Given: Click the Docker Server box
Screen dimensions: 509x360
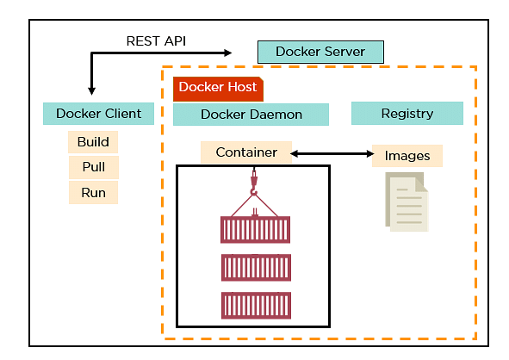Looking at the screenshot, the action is [x=320, y=52].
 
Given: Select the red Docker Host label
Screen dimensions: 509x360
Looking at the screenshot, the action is [x=218, y=89].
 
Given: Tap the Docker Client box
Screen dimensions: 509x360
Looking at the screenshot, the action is [x=98, y=114].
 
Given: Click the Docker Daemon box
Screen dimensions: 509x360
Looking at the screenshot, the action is [x=251, y=115].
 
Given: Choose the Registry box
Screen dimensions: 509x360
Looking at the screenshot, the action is [x=407, y=114].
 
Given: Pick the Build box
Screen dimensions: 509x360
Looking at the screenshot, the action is [x=93, y=142].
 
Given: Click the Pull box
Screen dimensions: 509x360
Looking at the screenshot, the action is [x=94, y=167].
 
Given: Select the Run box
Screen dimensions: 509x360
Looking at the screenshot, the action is [x=93, y=193].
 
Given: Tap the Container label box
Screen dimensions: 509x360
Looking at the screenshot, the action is [x=246, y=152].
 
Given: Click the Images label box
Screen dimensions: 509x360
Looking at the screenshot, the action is [x=407, y=156].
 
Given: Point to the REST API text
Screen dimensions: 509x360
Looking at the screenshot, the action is [x=156, y=41].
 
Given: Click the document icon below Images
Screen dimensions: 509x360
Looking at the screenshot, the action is [x=407, y=202].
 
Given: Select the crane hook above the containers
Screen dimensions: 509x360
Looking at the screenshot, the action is [x=254, y=183].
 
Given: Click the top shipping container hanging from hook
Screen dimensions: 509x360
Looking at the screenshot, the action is [x=255, y=229].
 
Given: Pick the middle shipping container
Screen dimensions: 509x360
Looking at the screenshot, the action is [x=256, y=268].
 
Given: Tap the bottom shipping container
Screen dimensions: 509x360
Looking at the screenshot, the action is [x=256, y=306].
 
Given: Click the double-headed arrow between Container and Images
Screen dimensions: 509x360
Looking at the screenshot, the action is [x=332, y=153].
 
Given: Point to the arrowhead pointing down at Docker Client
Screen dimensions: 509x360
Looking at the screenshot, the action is [x=91, y=90].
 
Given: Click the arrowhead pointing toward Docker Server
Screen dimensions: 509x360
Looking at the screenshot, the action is [x=228, y=53].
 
